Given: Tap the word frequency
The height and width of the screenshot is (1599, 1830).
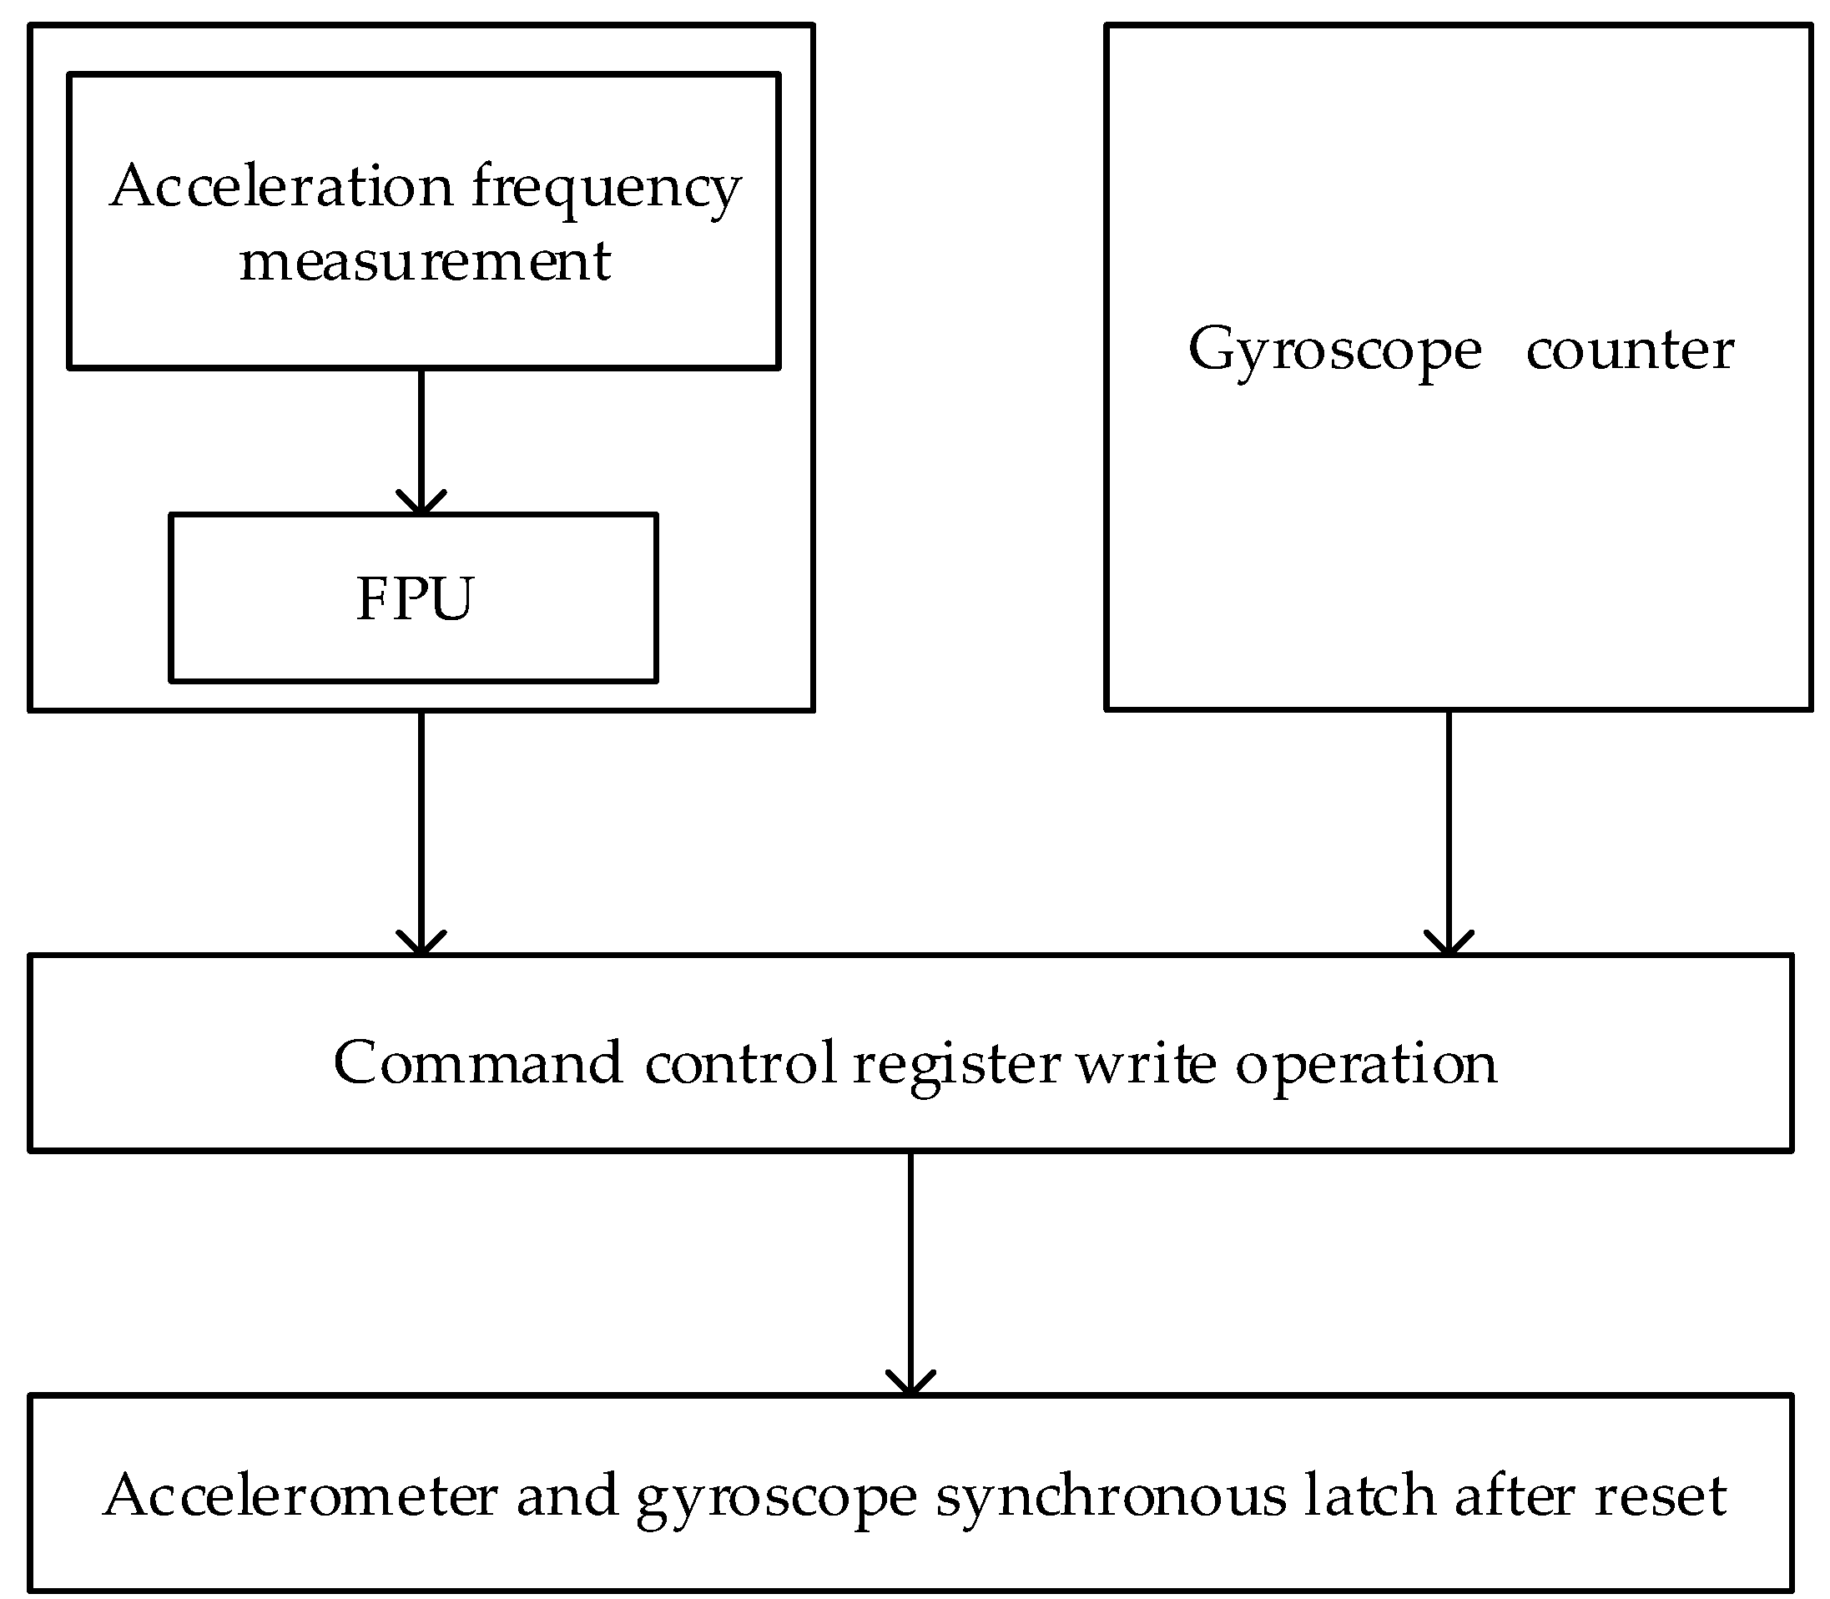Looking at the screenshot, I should coord(607,189).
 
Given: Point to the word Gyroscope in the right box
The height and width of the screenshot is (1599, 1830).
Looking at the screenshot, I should coord(1334,351).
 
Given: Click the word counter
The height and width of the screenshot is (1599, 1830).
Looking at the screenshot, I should coord(1629,350).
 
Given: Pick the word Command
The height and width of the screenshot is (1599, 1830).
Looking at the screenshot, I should coord(477,1062).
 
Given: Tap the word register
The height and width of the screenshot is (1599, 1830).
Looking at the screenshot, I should coord(956,1065).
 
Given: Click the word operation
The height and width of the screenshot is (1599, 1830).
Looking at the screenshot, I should coord(1366,1065).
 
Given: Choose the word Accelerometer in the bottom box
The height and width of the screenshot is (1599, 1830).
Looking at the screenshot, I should coord(300,1496).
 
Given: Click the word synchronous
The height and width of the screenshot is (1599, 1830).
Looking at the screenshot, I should coord(1111,1497).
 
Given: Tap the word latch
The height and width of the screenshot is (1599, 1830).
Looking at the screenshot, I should coord(1369,1496).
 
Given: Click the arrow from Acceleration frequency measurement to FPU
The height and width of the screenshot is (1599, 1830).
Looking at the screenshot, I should coord(421,441).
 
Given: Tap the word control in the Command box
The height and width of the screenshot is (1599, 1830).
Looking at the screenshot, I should coord(740,1062).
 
